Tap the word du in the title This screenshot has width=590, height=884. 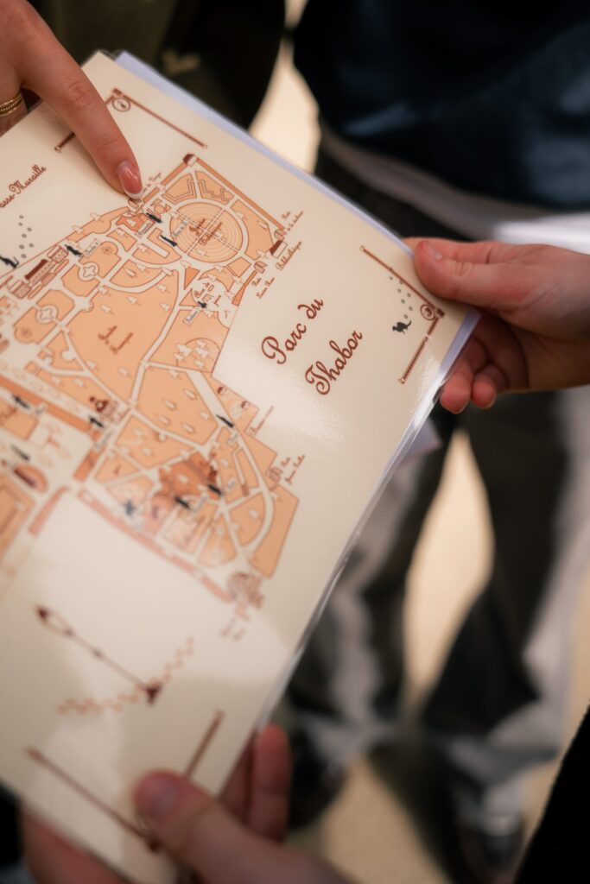(310, 311)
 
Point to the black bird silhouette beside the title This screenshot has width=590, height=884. (402, 325)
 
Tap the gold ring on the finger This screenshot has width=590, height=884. (10, 104)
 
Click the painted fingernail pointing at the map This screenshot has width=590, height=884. (130, 178)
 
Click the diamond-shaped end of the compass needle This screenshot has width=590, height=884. (42, 614)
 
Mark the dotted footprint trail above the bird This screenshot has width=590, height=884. (404, 298)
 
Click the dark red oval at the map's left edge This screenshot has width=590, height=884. (27, 476)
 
